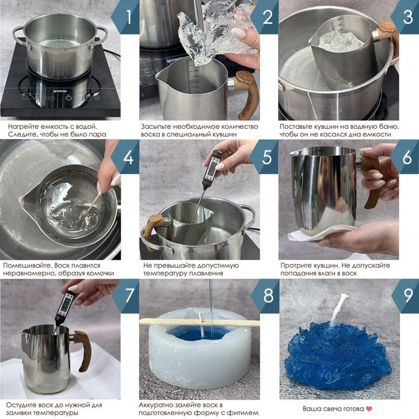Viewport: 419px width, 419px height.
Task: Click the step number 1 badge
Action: pyautogui.click(x=127, y=17)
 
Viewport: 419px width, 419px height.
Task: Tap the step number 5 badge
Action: pyautogui.click(x=267, y=157)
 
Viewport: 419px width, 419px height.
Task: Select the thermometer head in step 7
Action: pyautogui.click(x=67, y=305)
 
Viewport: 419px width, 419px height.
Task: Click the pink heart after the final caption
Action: pyautogui.click(x=368, y=408)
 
